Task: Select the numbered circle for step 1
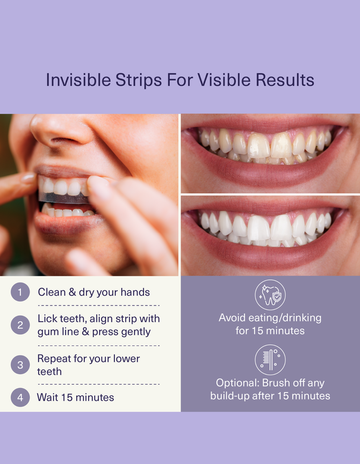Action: click(x=20, y=292)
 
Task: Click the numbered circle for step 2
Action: click(x=20, y=325)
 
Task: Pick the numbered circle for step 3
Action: click(x=20, y=365)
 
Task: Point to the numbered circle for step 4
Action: click(x=20, y=398)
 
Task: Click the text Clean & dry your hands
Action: click(x=93, y=292)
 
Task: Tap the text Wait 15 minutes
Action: click(x=75, y=398)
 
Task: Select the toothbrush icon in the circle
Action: click(x=270, y=360)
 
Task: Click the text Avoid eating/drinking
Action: click(x=270, y=317)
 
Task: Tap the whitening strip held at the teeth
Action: click(x=62, y=198)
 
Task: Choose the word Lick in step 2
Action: click(x=47, y=318)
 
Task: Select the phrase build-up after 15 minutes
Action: click(x=270, y=396)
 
